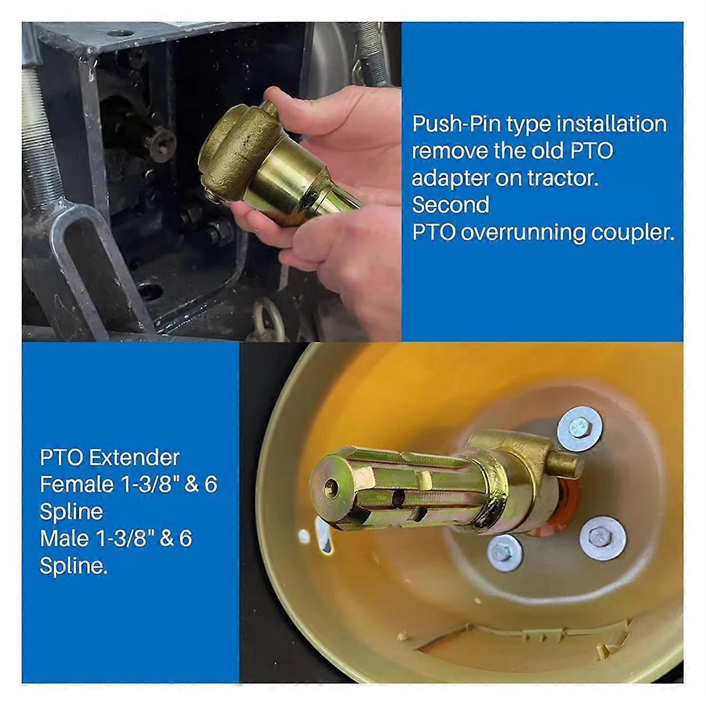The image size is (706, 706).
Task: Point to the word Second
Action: tap(450, 205)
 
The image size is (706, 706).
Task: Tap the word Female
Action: tap(76, 484)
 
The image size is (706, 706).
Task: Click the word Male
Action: tap(64, 538)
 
